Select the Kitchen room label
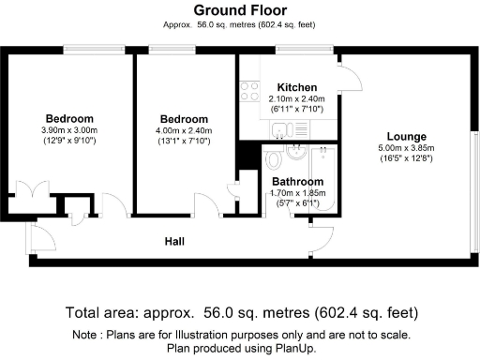tap(283, 87)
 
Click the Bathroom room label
tap(297, 181)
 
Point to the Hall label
tap(174, 242)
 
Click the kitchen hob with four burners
tap(250, 91)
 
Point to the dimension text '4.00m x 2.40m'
tap(183, 130)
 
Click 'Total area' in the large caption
tap(102, 312)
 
